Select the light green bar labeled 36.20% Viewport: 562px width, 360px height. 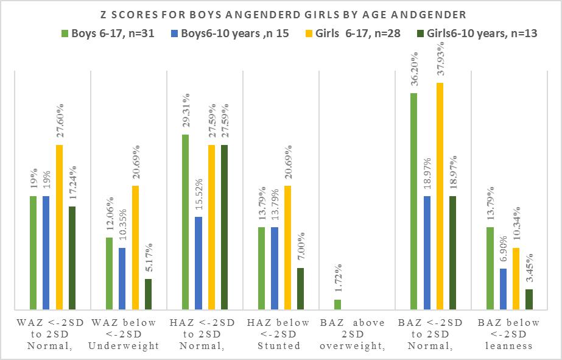[414, 202]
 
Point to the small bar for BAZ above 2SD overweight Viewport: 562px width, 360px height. [337, 305]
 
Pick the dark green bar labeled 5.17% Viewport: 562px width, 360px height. [148, 294]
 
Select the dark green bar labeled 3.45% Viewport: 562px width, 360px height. [529, 299]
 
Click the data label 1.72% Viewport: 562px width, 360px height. [338, 280]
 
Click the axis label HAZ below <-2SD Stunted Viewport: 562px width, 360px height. [281, 334]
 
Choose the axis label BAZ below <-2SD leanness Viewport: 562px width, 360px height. [509, 334]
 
